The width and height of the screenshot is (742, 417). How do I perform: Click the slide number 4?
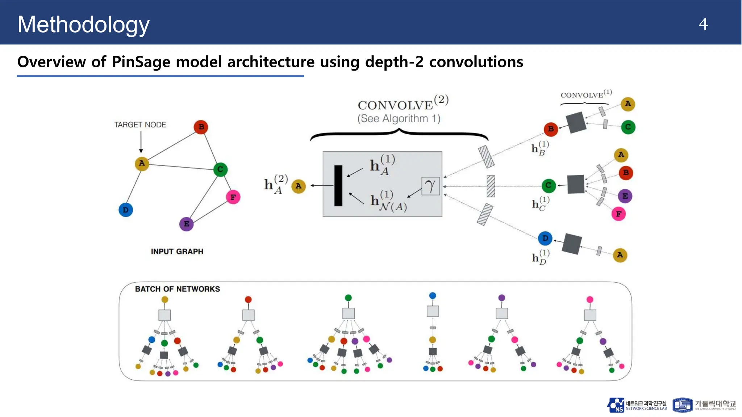pyautogui.click(x=703, y=25)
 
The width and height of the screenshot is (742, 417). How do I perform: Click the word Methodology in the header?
pyautogui.click(x=83, y=25)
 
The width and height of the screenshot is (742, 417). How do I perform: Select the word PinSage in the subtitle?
pyautogui.click(x=141, y=62)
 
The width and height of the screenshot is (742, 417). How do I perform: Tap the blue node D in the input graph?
pyautogui.click(x=126, y=210)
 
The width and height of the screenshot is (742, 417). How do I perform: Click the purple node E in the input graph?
pyautogui.click(x=186, y=224)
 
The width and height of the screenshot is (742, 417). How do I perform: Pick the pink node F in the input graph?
pyautogui.click(x=233, y=197)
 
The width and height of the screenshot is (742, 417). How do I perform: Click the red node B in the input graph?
pyautogui.click(x=201, y=127)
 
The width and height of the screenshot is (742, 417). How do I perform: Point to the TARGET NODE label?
pyautogui.click(x=140, y=125)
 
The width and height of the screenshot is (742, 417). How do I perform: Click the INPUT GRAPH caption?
pyautogui.click(x=177, y=252)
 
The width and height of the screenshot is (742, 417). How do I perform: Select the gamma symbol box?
pyautogui.click(x=430, y=186)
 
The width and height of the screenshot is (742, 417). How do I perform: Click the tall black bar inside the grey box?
pyautogui.click(x=338, y=186)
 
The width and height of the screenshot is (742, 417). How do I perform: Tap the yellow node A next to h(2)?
pyautogui.click(x=298, y=186)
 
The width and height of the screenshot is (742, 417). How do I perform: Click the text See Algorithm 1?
pyautogui.click(x=399, y=119)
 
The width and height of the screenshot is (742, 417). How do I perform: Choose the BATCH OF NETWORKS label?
pyautogui.click(x=177, y=289)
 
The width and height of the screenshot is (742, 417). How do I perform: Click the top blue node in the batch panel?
pyautogui.click(x=432, y=296)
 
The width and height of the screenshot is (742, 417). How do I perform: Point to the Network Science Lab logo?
pyautogui.click(x=637, y=405)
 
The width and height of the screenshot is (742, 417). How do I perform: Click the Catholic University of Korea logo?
pyautogui.click(x=704, y=405)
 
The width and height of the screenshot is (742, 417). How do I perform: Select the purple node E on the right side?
pyautogui.click(x=625, y=196)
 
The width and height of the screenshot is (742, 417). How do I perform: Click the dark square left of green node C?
pyautogui.click(x=575, y=184)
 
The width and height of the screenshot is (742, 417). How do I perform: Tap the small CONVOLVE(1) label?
pyautogui.click(x=585, y=94)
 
